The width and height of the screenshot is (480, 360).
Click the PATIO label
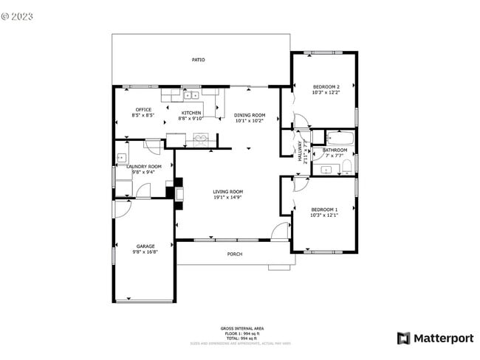coord(199,60)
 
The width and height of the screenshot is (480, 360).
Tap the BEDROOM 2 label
coord(326,86)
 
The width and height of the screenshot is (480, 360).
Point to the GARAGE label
coord(145,246)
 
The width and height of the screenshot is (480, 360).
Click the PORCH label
coord(234,254)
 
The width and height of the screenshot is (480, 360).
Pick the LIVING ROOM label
coord(228,192)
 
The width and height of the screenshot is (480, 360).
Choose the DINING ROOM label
coord(250,114)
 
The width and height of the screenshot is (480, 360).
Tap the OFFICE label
coord(143,110)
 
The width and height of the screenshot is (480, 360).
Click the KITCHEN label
coord(192,113)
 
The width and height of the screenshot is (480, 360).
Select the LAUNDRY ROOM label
coord(144,167)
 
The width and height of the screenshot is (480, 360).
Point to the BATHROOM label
coord(335,150)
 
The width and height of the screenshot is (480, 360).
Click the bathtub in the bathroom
coord(340,137)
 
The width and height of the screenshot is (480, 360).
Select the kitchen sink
coord(191,94)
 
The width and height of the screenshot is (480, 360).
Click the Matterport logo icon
coord(404,339)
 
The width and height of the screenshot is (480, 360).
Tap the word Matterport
coord(443,339)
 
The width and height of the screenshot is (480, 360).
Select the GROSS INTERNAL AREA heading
coord(241,328)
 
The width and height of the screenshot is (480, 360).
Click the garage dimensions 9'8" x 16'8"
coord(145,252)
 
